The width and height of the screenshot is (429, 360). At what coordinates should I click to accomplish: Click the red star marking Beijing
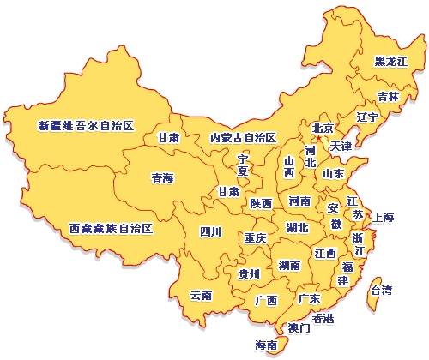point(317,137)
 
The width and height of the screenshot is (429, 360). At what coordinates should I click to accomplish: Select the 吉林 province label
point(388,97)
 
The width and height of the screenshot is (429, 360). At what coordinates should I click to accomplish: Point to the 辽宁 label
point(366,117)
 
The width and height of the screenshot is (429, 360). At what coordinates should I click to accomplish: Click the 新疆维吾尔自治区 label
point(87,126)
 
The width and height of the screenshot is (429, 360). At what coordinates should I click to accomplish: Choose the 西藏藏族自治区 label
point(111,229)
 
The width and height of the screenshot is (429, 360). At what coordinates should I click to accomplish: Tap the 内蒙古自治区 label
point(243,137)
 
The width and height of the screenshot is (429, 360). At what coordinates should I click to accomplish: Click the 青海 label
point(162,178)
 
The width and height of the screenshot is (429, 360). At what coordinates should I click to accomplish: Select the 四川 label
point(210,231)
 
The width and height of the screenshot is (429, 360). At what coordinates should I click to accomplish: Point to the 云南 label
point(201,295)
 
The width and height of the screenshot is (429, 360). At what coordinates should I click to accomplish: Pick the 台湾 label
point(381,291)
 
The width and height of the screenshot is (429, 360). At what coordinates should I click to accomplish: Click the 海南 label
point(266,345)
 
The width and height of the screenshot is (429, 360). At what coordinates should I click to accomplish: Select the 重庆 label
point(255,237)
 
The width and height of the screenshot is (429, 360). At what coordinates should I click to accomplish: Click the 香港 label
point(323,318)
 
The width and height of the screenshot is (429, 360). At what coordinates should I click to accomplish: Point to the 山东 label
point(333,173)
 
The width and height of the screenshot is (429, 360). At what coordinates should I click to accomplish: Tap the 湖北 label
point(298,228)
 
